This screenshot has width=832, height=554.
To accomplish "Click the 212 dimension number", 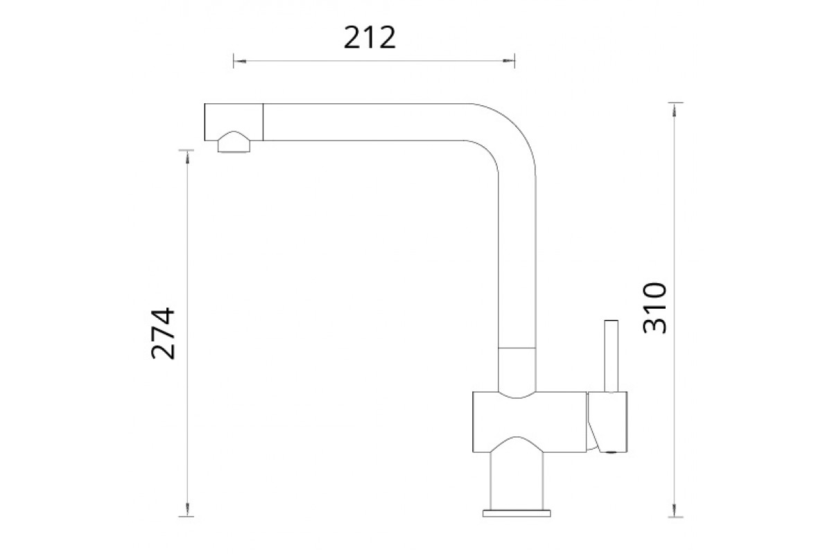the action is coord(370,37).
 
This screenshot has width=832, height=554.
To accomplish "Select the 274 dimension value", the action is coord(163,333).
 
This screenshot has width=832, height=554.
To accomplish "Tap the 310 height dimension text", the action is coord(655,308).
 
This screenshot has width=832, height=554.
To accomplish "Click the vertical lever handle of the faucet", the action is coord(612,356).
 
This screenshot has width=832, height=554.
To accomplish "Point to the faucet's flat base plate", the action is coord(517,514).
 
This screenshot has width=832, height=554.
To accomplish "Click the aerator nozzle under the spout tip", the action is coord(234,142).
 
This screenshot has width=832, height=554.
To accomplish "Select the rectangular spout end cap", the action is coord(234,122).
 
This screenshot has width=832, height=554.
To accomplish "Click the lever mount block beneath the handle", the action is coord(607,422).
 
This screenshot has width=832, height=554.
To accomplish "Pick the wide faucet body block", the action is coord(530,422).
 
